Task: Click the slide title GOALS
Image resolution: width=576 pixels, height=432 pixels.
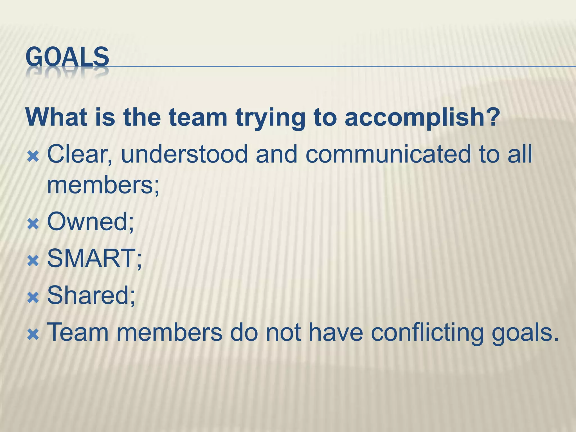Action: [67, 57]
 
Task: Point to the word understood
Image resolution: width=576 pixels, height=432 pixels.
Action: [184, 154]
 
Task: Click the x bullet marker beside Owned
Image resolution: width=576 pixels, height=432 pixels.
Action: [33, 224]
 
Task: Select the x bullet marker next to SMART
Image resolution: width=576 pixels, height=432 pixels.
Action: [33, 261]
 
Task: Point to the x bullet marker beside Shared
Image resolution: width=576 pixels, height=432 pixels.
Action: [33, 298]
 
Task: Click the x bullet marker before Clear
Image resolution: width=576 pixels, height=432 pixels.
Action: [33, 157]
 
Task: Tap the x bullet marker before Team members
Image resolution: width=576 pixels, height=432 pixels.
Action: [33, 335]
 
